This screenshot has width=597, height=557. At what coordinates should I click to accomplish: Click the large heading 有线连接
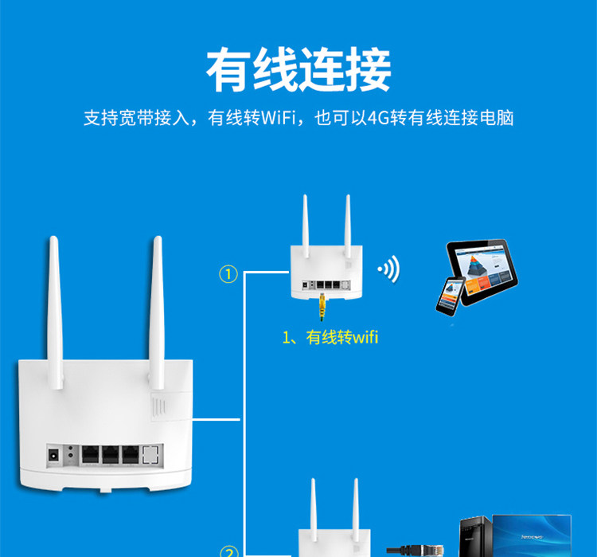(x=298, y=71)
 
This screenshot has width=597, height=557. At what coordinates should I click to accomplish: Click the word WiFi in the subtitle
(x=275, y=119)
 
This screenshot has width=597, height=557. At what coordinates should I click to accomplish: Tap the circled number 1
(x=228, y=275)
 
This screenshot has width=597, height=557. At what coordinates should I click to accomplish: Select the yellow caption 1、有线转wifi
(x=330, y=338)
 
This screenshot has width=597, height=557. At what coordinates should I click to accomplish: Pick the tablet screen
(x=482, y=267)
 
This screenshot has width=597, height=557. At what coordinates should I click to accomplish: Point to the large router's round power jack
(x=55, y=455)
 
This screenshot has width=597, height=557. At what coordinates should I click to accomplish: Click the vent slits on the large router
(x=160, y=406)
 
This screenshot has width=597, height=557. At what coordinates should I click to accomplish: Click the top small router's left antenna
(x=304, y=223)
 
